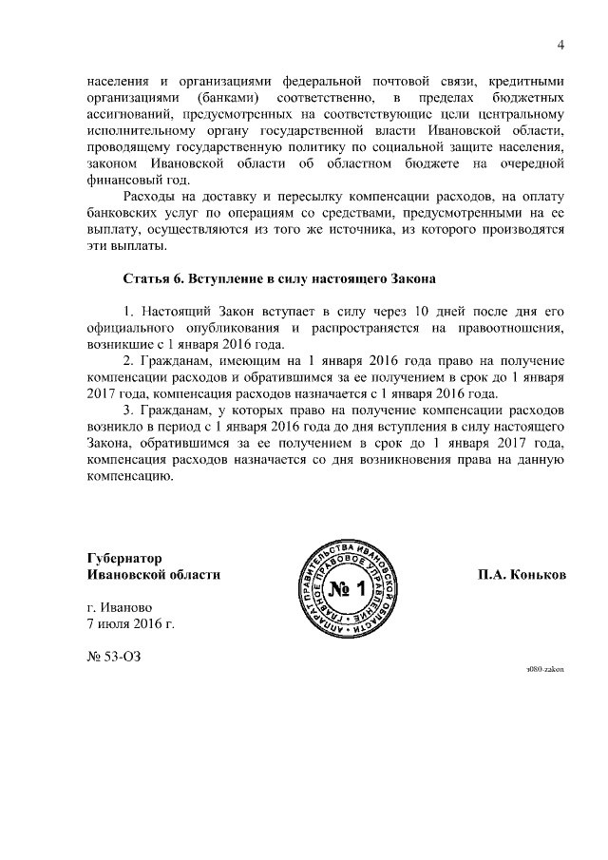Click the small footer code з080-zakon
point(545,669)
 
